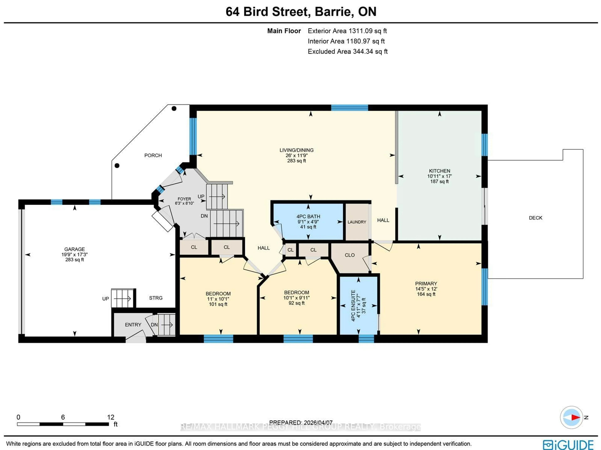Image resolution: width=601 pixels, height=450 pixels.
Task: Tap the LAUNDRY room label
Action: coord(357,222)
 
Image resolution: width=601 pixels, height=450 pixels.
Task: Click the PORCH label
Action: coord(153,155)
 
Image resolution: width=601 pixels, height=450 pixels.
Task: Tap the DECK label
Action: coord(535,218)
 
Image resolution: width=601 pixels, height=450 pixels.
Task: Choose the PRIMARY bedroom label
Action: coord(426,283)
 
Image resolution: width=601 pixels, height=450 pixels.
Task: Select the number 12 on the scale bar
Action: coord(111,417)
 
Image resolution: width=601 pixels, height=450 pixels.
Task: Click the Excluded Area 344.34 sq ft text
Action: coord(347,52)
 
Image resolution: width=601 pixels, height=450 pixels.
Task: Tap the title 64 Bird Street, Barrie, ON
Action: coord(301,12)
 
